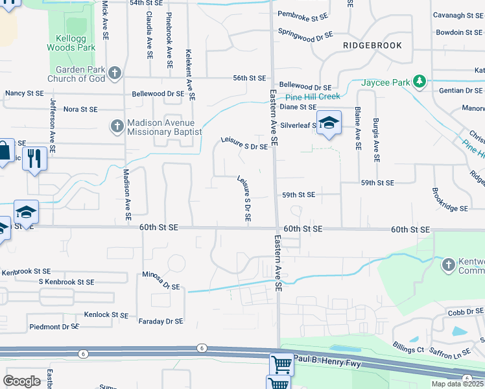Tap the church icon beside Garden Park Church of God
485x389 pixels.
(x=115, y=73)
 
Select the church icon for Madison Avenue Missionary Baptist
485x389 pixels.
(x=117, y=125)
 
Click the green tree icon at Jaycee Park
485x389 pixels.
(x=421, y=81)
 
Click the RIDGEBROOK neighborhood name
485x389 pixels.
(x=372, y=45)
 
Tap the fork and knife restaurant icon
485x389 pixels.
(x=34, y=158)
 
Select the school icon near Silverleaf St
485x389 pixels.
(x=329, y=123)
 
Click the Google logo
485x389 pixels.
(x=22, y=381)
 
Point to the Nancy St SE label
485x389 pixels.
(x=24, y=94)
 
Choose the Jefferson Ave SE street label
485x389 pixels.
(x=52, y=126)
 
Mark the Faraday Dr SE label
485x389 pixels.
(x=161, y=321)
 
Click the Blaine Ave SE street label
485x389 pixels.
(x=357, y=130)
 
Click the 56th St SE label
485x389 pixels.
(x=250, y=78)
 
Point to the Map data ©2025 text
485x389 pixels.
(x=457, y=384)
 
